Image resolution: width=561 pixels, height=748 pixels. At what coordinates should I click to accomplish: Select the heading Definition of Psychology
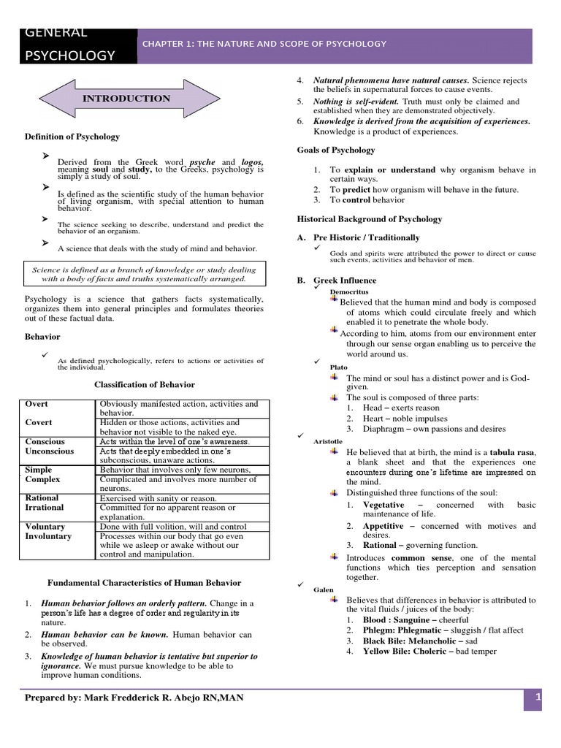(x=72, y=137)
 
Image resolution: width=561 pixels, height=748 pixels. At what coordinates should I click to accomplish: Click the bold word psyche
(x=203, y=162)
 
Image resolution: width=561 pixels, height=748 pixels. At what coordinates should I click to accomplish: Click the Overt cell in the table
(x=37, y=404)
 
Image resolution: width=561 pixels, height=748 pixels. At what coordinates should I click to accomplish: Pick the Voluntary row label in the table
(x=45, y=526)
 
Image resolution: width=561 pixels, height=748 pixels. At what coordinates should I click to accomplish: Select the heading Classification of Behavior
(x=145, y=384)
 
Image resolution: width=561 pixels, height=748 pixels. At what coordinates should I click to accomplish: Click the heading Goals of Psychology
(x=336, y=150)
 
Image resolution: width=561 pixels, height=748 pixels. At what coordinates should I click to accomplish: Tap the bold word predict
(x=356, y=190)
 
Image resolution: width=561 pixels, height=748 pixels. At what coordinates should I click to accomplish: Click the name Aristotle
(x=328, y=442)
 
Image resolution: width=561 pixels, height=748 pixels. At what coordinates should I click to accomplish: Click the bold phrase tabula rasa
(x=512, y=452)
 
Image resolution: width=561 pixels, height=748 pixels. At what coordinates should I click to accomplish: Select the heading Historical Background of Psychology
(x=369, y=219)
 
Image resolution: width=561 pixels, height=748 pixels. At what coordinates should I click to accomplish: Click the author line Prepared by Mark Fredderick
(x=134, y=698)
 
